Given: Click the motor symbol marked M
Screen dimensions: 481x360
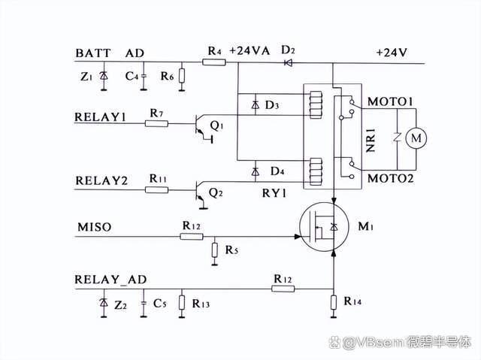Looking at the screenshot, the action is tap(416, 138).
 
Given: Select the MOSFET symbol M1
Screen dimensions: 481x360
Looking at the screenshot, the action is tap(324, 227).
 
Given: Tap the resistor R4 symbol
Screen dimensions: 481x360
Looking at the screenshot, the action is tap(214, 62).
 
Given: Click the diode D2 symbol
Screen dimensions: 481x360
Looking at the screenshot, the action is tap(288, 63).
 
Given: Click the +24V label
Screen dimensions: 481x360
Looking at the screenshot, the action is tap(392, 53).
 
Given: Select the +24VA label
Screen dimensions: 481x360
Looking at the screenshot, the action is tap(250, 50).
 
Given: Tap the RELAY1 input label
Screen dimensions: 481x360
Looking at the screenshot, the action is tap(100, 117).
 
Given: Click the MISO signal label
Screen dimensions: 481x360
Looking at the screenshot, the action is tap(95, 227).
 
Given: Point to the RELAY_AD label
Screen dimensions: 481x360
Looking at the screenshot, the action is tap(110, 280).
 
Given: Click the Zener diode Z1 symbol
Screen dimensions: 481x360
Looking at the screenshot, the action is tap(104, 75).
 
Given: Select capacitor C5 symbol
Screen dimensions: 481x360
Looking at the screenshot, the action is tap(144, 303).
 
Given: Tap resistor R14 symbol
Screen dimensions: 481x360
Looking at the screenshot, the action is tap(334, 303).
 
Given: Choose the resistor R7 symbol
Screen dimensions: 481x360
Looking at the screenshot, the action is tap(156, 123).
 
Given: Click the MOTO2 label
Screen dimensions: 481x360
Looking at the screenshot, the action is tap(391, 178).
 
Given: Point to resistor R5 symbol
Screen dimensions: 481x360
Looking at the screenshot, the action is tap(215, 250).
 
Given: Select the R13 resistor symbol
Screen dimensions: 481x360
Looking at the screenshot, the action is tap(182, 303).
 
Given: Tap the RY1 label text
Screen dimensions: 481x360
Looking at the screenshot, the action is tap(274, 193).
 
